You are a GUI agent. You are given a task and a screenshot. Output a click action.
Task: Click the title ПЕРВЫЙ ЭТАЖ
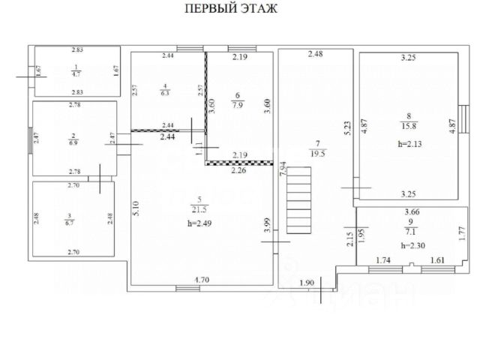point(231,10)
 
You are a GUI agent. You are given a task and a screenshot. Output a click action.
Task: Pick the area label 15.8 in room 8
point(409,125)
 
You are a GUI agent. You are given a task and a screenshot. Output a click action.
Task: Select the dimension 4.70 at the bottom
point(202,280)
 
